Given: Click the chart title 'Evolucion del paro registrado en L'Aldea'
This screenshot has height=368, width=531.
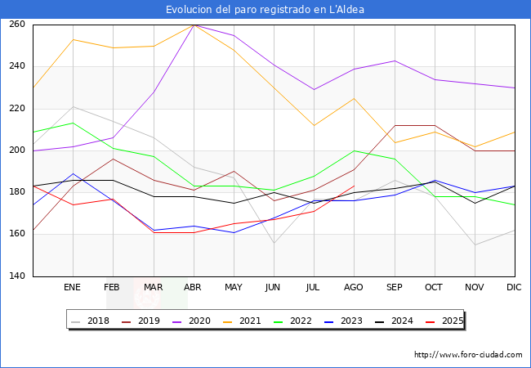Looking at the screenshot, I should click(265, 10).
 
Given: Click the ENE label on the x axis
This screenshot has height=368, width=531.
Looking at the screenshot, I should click(73, 288).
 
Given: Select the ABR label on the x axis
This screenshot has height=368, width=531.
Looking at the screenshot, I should click(194, 288).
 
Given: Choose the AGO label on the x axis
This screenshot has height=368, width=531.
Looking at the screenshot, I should click(354, 288).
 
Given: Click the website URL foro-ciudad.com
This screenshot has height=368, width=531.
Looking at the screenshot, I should click(468, 355).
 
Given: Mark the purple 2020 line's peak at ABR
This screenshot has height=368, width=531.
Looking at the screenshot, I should click(194, 25).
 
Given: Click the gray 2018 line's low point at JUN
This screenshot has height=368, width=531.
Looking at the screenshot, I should click(274, 243).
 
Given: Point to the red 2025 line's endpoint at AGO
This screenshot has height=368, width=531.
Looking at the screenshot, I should click(354, 186).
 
